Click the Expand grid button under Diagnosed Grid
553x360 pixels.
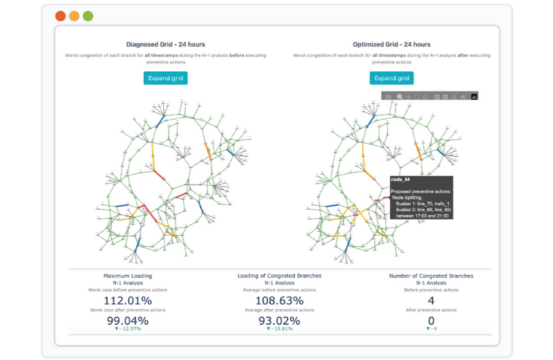point(165,78)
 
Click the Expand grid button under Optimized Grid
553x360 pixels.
point(391,78)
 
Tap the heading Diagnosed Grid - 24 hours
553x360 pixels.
point(165,44)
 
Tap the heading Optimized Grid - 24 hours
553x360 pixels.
point(392,44)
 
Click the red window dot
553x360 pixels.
point(60,16)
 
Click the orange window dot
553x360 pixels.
point(74,16)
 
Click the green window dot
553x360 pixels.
point(88,16)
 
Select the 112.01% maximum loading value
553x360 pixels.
point(127,301)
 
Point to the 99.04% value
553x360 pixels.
point(127,321)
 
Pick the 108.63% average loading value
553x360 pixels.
point(279,301)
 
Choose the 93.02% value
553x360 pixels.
point(279,321)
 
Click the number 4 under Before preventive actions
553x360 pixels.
point(431,301)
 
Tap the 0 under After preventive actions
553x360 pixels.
point(431,321)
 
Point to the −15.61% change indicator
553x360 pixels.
point(279,329)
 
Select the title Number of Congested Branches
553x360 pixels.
point(431,276)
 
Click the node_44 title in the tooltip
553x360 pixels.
point(401,180)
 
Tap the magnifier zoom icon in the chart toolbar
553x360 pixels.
point(400,97)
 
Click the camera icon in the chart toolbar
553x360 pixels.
point(388,97)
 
